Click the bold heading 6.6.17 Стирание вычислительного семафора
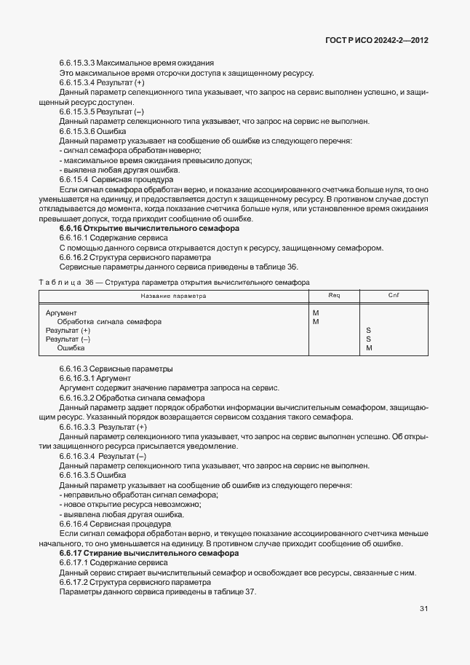(142, 554)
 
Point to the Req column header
(334, 296)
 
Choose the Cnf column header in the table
(394, 296)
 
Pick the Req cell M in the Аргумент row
(316, 312)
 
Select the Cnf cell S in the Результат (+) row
(369, 330)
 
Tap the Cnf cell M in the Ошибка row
(370, 348)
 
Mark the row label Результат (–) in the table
(68, 339)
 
